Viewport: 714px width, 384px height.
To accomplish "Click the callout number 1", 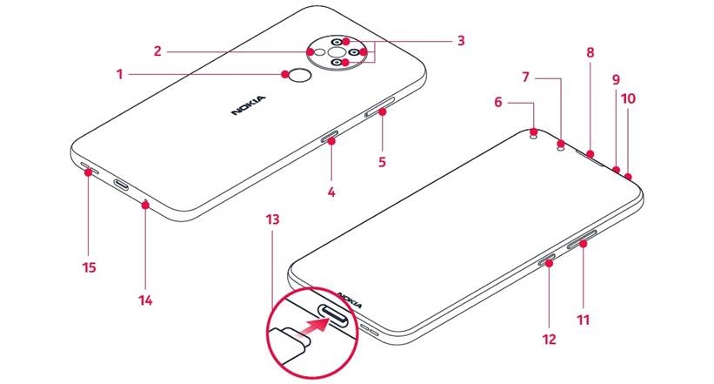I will coord(120,75).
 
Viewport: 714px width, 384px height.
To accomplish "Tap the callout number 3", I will coord(461,41).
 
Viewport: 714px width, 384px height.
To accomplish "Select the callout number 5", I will coord(381,162).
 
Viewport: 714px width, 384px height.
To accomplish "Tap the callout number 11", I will coord(584,320).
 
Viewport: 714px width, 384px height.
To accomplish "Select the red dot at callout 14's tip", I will coord(145,205).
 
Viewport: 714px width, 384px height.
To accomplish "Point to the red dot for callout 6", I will coord(533,132).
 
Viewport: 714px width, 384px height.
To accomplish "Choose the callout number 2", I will coord(158,51).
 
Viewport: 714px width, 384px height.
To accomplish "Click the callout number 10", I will coord(628,98).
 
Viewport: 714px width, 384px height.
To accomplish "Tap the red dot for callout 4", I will coord(331,138).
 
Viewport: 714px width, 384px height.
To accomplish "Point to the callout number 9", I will coord(615,79).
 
